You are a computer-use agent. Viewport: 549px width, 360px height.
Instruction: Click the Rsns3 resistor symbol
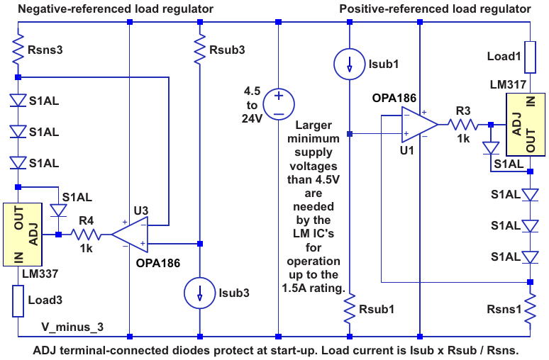18,51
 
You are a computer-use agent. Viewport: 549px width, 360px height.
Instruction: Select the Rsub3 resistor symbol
200,51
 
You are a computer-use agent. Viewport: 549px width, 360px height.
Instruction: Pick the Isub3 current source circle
200,292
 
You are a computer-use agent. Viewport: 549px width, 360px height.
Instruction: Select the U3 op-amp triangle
130,234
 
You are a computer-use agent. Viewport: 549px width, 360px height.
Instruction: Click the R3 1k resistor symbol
462,124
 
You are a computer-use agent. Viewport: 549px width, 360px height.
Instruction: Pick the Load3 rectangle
18,300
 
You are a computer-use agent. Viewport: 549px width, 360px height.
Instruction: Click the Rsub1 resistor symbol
350,310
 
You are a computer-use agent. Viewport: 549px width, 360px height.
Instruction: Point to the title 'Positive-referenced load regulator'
435,9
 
